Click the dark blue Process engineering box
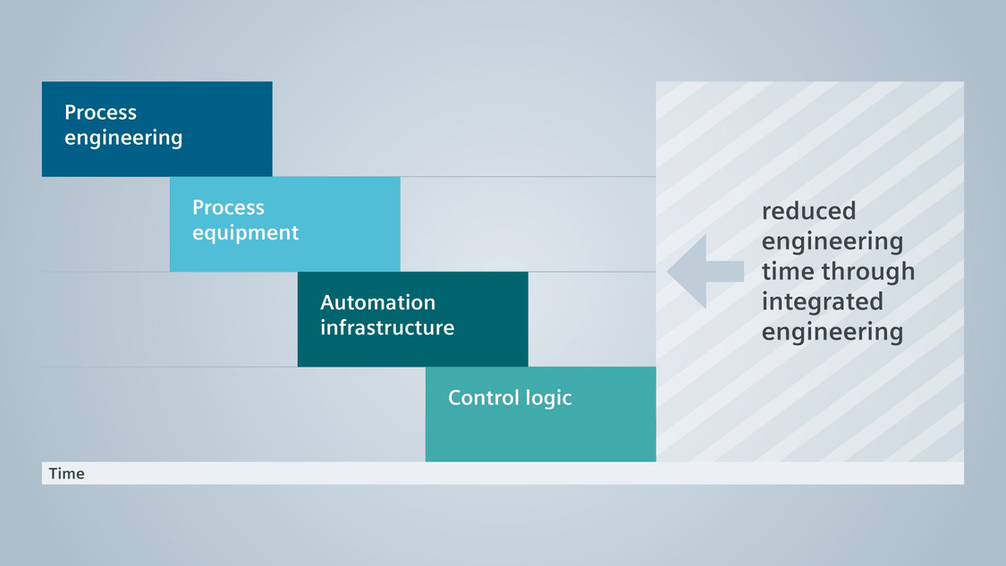(x=157, y=129)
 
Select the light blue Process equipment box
(x=285, y=224)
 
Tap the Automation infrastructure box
(x=412, y=319)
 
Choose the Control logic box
(x=540, y=414)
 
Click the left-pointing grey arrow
(x=706, y=272)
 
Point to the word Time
(x=67, y=474)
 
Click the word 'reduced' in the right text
(x=808, y=211)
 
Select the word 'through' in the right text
(x=869, y=272)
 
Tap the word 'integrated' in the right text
(x=822, y=301)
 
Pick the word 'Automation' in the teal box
(x=378, y=302)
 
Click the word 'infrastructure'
(x=387, y=327)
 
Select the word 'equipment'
(x=245, y=233)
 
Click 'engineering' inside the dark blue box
(x=123, y=138)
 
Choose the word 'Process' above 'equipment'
(x=228, y=207)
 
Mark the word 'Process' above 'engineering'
(x=101, y=113)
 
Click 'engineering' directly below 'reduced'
(x=833, y=242)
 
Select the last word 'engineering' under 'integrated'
(x=833, y=333)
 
